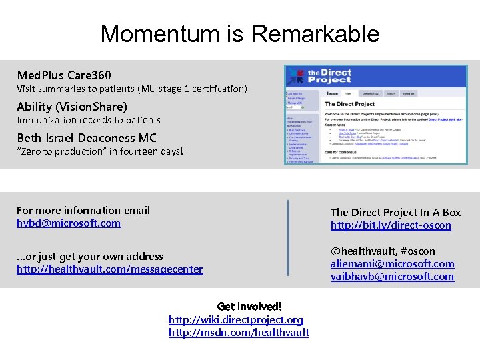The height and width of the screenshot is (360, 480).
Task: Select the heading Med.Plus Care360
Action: [x=64, y=75]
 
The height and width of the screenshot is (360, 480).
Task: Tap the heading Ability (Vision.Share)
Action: [x=71, y=107]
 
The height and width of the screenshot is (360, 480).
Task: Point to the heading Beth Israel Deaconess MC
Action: [x=87, y=138]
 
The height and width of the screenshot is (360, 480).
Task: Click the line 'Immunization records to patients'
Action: [x=89, y=120]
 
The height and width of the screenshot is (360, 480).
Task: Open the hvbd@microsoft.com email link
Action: [x=69, y=223]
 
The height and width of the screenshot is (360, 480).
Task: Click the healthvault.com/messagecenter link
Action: [x=109, y=269]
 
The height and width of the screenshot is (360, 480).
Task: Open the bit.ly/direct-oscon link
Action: [x=391, y=225]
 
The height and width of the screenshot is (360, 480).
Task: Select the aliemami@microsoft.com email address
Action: [x=392, y=264]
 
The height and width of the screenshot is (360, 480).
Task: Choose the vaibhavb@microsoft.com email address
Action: [x=392, y=277]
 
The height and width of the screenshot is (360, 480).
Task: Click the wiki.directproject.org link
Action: [x=235, y=320]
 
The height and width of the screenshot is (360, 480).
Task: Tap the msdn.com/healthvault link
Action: [x=239, y=333]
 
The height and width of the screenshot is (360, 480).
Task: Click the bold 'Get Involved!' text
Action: [x=249, y=307]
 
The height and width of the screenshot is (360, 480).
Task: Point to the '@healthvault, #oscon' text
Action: [x=383, y=251]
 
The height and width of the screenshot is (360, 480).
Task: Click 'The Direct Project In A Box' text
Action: [x=395, y=213]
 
